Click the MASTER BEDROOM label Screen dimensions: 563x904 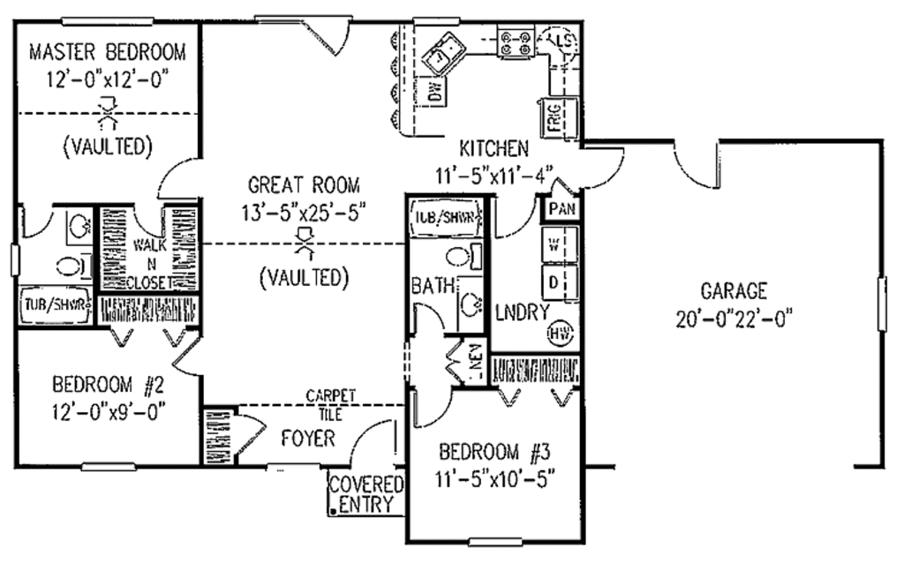[108, 50]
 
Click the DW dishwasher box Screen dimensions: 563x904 [434, 91]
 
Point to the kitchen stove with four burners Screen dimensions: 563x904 [516, 42]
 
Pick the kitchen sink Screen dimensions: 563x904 [444, 54]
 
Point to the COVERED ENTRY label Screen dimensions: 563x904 [365, 494]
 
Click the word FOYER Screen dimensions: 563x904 [307, 438]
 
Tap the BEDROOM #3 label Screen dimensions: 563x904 [494, 454]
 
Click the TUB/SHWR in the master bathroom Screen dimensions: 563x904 [55, 306]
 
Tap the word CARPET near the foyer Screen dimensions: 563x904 [331, 394]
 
